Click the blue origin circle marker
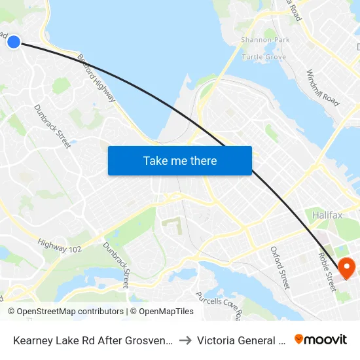coord(14,42)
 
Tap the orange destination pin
coord(346,266)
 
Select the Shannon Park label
coord(265,40)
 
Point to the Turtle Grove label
coord(264,57)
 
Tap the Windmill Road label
coord(323,88)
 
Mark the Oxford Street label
coord(280,268)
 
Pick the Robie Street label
coord(327,272)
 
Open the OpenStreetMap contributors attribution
coord(66,312)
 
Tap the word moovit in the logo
coord(326,340)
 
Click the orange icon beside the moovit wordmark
coord(299,339)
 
